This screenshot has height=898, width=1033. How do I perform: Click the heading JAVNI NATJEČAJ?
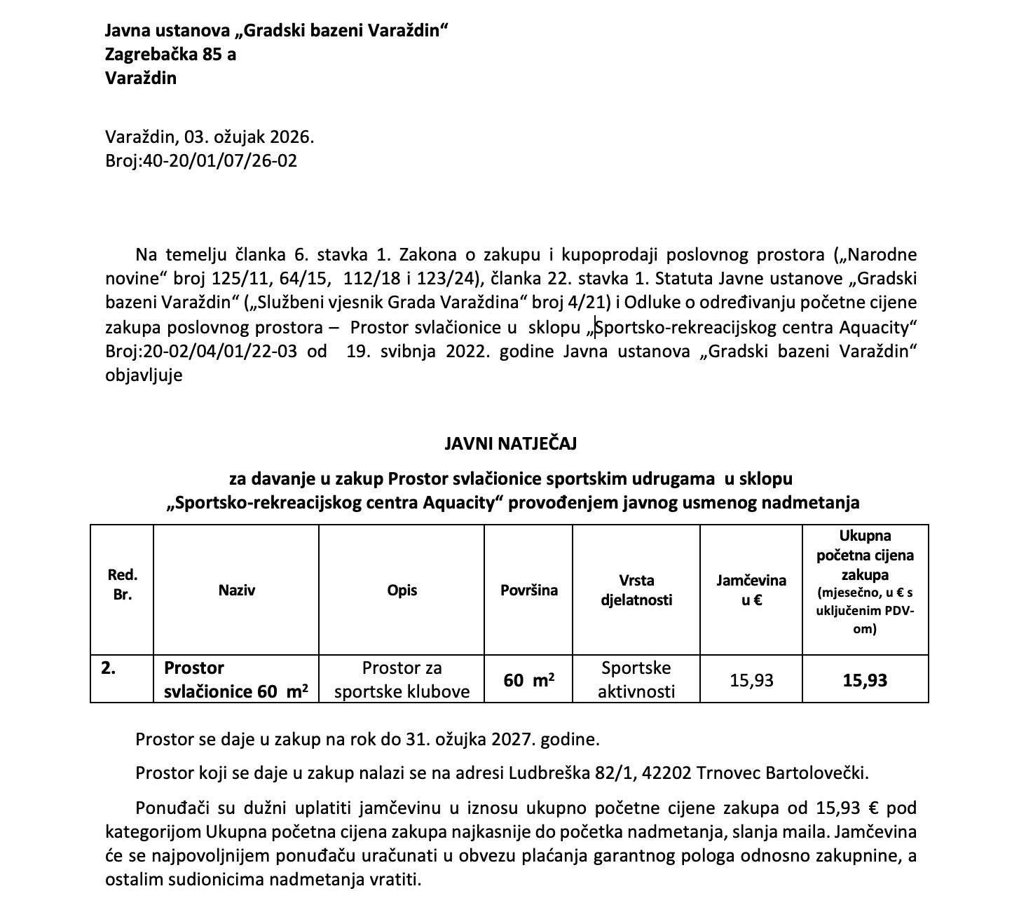point(510,443)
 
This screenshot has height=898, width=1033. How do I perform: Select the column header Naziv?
point(236,590)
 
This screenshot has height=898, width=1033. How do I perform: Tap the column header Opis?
point(402,590)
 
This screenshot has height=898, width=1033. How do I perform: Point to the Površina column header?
point(528,590)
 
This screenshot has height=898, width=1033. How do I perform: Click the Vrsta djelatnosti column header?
point(636,590)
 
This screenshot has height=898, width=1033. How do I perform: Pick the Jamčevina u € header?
point(751,590)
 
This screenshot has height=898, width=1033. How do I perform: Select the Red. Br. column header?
point(122,586)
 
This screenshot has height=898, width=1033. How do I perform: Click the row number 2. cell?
point(109,668)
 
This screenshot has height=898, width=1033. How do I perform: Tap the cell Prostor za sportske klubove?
point(402,679)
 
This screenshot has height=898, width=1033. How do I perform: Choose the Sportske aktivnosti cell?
point(636,679)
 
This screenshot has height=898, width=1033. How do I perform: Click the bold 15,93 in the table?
point(865,679)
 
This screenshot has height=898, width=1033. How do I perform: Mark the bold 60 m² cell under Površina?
point(528,679)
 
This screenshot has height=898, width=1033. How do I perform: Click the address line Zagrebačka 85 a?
point(170,54)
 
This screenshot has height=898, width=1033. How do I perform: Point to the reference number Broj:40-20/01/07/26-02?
point(201,161)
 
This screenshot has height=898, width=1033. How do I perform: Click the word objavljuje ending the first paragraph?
point(144,375)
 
